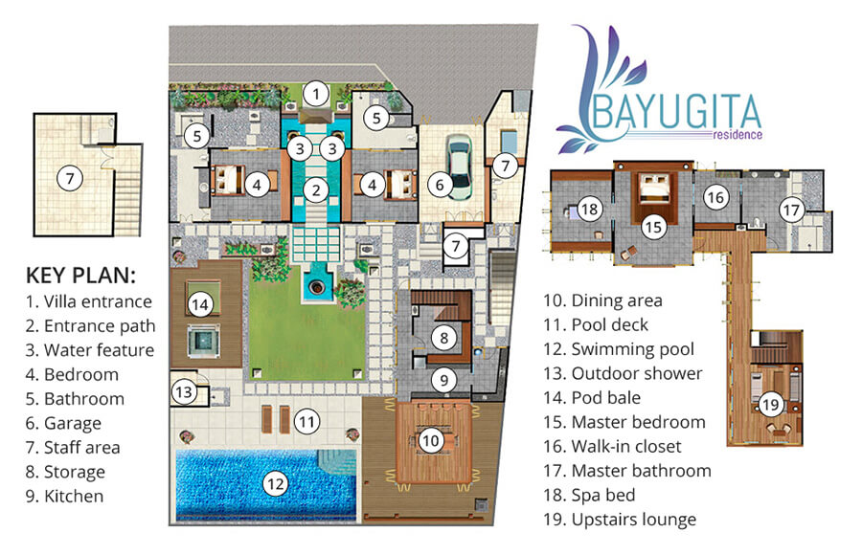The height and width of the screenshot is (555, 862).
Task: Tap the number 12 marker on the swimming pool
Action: [x=276, y=484]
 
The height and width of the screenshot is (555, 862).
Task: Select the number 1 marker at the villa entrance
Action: [x=317, y=94]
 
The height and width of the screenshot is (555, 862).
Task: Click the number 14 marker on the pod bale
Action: [x=199, y=304]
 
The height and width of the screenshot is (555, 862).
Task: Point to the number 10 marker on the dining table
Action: [x=431, y=439]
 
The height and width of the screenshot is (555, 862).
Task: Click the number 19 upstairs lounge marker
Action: [x=771, y=405]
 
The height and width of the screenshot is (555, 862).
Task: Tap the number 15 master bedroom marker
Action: [x=653, y=227]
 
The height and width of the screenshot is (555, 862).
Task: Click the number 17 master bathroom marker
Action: [x=790, y=209]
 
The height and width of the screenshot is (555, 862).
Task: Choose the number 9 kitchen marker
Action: [x=442, y=379]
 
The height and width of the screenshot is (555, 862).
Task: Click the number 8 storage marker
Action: [x=442, y=336]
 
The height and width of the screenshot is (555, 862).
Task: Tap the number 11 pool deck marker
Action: [x=306, y=420]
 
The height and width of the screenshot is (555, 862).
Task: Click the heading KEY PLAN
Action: [x=80, y=277]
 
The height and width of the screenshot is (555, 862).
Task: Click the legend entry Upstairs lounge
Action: [x=633, y=521]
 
